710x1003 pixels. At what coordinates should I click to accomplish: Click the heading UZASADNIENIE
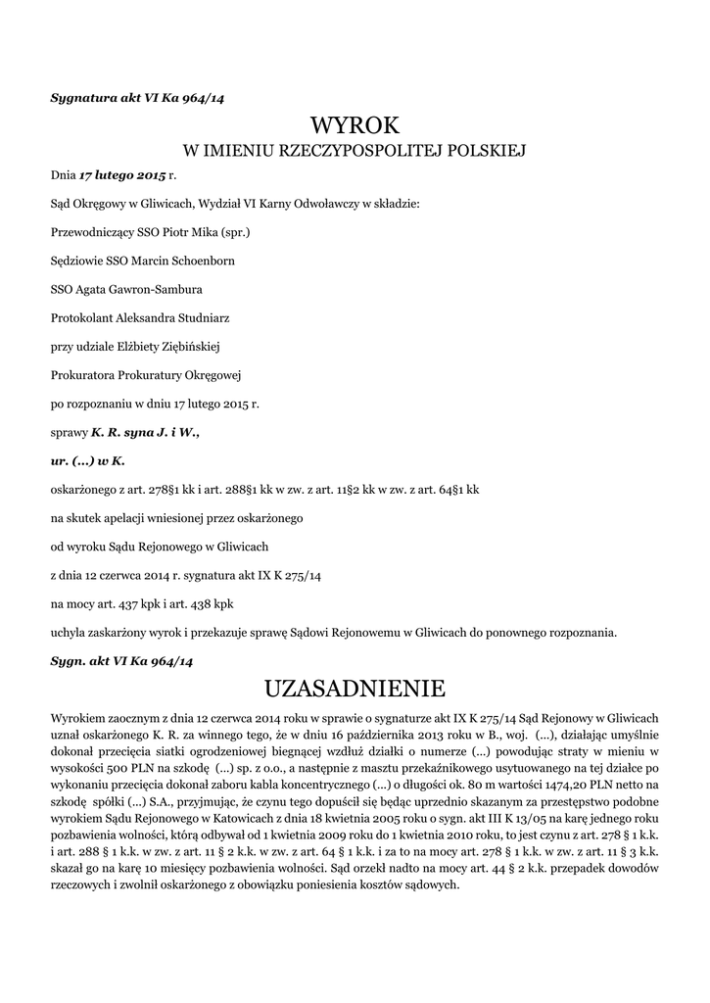pyautogui.click(x=355, y=685)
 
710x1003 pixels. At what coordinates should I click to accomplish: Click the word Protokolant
pyautogui.click(x=81, y=318)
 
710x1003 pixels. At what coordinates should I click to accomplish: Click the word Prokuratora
pyautogui.click(x=83, y=375)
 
